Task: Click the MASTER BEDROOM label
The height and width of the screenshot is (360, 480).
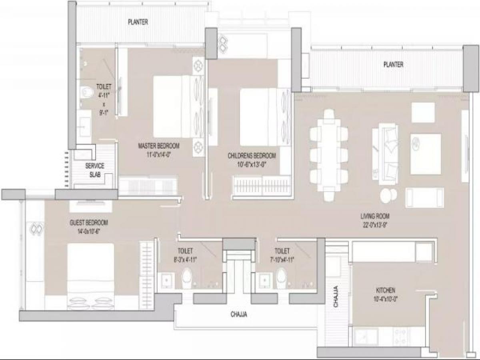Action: point(158,146)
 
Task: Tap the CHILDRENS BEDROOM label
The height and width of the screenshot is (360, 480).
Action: point(252,155)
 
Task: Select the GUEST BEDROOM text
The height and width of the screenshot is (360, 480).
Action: point(88,223)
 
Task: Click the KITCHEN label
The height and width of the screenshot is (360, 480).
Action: point(386,290)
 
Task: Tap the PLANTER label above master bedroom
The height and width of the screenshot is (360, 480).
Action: point(138,22)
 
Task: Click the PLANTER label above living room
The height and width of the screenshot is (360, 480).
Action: point(393,64)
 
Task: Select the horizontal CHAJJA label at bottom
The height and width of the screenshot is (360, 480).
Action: point(239,315)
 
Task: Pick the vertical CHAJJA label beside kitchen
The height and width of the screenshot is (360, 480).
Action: point(336,296)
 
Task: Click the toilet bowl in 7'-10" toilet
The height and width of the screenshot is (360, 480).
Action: point(282,276)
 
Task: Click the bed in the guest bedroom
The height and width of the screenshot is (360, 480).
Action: point(90,276)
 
